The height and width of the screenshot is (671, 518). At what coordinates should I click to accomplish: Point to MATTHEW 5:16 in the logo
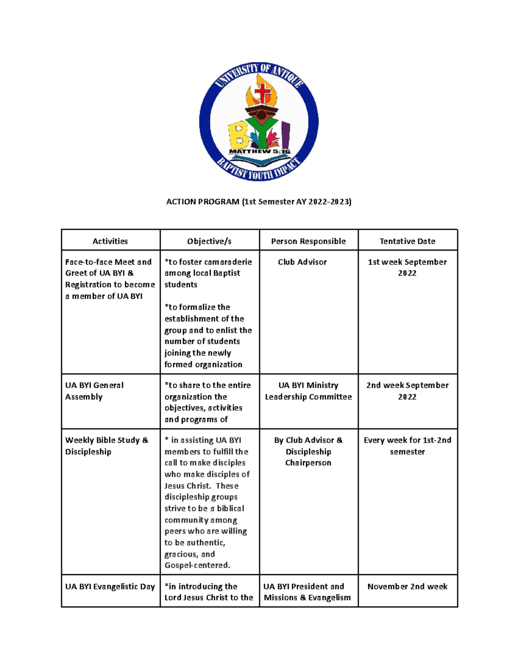259,152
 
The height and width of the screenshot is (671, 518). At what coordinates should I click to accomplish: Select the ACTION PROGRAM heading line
259,202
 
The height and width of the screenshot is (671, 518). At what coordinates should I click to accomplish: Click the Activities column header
110,241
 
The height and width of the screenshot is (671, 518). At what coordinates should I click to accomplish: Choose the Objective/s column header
209,241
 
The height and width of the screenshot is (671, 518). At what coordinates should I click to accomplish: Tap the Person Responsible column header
308,241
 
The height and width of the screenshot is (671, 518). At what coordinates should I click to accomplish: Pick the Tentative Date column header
407,241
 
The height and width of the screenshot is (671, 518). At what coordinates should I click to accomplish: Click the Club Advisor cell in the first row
302,262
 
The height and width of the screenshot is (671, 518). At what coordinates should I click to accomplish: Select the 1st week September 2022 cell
407,267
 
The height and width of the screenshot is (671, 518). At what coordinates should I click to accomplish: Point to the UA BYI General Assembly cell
94,391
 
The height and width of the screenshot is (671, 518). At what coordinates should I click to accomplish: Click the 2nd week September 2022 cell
407,391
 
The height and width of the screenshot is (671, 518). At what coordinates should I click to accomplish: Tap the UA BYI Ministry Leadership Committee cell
308,391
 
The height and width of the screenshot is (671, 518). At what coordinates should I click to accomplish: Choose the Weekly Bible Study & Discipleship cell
106,445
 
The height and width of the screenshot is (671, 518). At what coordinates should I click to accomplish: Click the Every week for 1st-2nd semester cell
407,445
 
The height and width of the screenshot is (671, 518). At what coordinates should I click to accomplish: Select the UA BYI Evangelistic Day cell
110,586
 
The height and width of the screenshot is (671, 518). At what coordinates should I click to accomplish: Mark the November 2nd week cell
407,586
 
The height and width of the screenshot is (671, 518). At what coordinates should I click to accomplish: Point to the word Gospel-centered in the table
197,565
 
